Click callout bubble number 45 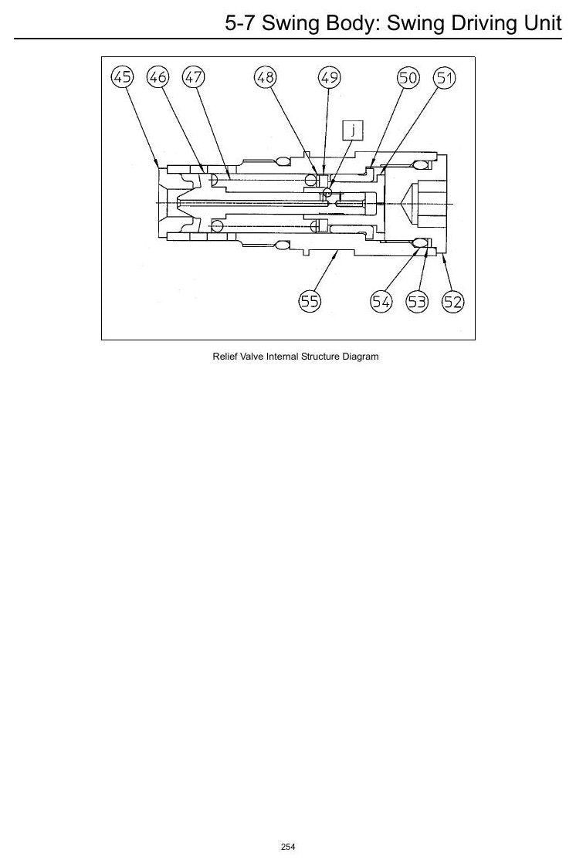pyautogui.click(x=123, y=76)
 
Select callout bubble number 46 pyautogui.click(x=158, y=76)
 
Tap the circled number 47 pyautogui.click(x=193, y=76)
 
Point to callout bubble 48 pyautogui.click(x=265, y=76)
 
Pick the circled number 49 pyautogui.click(x=329, y=77)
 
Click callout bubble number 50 pyautogui.click(x=408, y=77)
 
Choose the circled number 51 pyautogui.click(x=445, y=78)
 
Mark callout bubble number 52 pyautogui.click(x=453, y=302)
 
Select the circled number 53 pyautogui.click(x=417, y=302)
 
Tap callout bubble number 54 pyautogui.click(x=381, y=302)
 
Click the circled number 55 pyautogui.click(x=310, y=301)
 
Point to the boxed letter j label pyautogui.click(x=353, y=130)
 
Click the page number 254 pyautogui.click(x=288, y=847)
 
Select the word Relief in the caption pyautogui.click(x=224, y=357)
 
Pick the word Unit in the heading pyautogui.click(x=542, y=23)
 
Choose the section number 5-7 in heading pyautogui.click(x=240, y=23)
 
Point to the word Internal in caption pyautogui.click(x=283, y=357)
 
